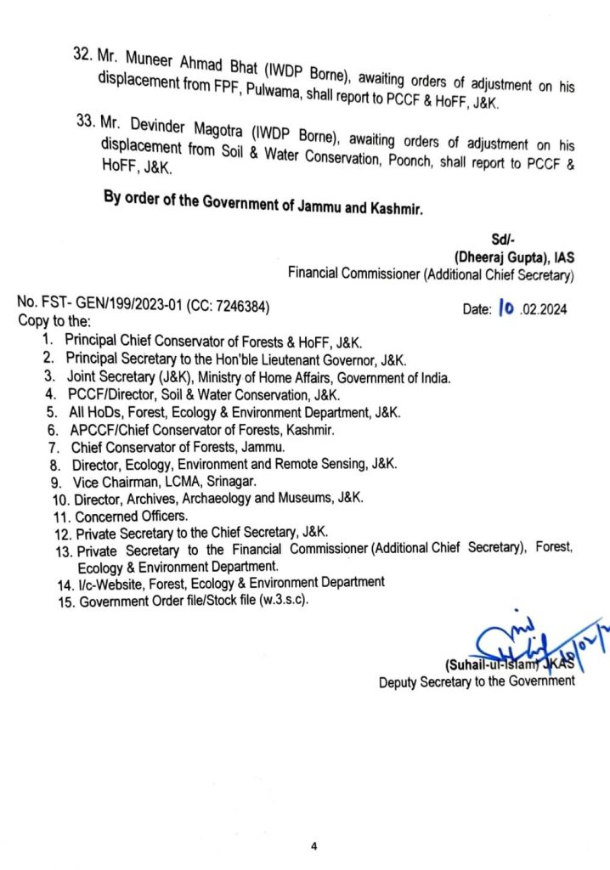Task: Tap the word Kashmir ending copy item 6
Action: (x=309, y=430)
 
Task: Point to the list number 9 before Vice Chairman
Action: (x=54, y=481)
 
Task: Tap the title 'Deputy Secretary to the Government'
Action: (x=477, y=681)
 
